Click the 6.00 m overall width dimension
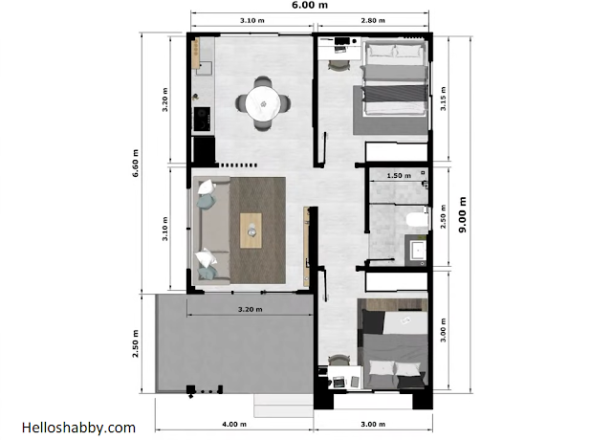(310, 5)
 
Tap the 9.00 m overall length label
(462, 214)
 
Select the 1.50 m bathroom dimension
(399, 176)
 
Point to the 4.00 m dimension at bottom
(234, 424)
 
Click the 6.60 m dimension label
(135, 163)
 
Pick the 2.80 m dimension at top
(373, 20)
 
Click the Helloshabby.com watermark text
(78, 428)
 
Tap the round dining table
(263, 103)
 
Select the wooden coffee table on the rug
(251, 231)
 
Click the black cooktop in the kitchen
(202, 119)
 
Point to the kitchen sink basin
(204, 68)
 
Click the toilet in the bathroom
(417, 219)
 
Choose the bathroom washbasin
(418, 250)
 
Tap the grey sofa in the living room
(210, 230)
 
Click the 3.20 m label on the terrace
(251, 310)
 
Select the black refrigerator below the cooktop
(204, 149)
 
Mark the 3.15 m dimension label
(443, 99)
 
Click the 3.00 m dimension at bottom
(373, 424)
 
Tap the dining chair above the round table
(263, 82)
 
